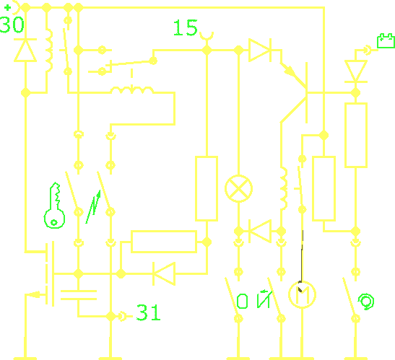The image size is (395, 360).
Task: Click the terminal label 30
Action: [12, 25]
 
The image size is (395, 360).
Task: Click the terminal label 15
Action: [186, 27]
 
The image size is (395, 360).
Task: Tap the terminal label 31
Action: [148, 312]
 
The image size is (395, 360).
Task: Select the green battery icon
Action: [386, 40]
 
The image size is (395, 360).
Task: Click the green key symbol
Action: [54, 206]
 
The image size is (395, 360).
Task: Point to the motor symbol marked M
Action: [302, 294]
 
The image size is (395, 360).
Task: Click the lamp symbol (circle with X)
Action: [238, 188]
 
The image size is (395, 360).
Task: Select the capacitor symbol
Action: [79, 295]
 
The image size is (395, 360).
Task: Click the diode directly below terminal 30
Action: [25, 50]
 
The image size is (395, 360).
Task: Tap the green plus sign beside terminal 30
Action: [7, 7]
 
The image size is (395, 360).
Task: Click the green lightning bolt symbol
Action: [93, 206]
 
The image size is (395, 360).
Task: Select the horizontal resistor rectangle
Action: [164, 242]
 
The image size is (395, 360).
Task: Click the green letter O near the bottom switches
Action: [242, 301]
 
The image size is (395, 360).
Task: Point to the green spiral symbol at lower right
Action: [366, 302]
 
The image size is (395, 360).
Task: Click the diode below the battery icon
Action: [356, 71]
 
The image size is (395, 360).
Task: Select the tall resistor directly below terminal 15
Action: [207, 188]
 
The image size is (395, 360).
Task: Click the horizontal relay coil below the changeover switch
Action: [132, 90]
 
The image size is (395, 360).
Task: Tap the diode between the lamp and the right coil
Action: [260, 231]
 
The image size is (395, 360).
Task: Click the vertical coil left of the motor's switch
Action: [284, 188]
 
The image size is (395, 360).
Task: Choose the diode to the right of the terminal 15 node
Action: [260, 50]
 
